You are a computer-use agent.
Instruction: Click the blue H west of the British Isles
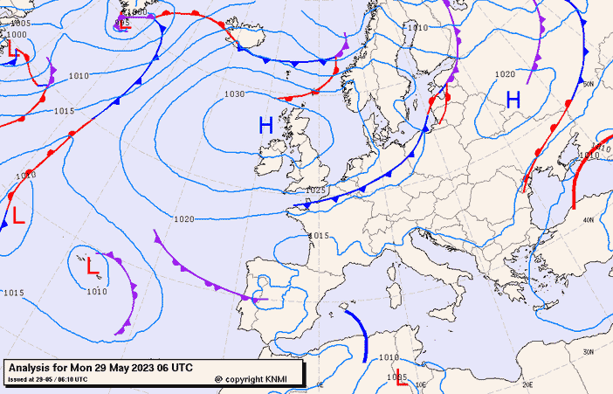tap(265, 126)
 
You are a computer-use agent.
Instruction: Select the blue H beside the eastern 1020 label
tap(513, 100)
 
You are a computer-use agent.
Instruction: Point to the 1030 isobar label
tap(234, 93)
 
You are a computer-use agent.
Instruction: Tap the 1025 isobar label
tap(315, 190)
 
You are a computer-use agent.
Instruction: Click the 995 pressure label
tap(122, 11)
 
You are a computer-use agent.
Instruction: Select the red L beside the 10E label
tap(401, 380)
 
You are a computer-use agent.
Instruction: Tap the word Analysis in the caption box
tap(31, 368)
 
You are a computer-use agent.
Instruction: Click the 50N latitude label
tap(588, 84)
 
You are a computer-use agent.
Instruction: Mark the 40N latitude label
tap(588, 219)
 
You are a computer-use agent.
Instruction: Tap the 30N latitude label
tap(588, 351)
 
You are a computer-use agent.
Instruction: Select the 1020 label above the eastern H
tap(505, 75)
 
